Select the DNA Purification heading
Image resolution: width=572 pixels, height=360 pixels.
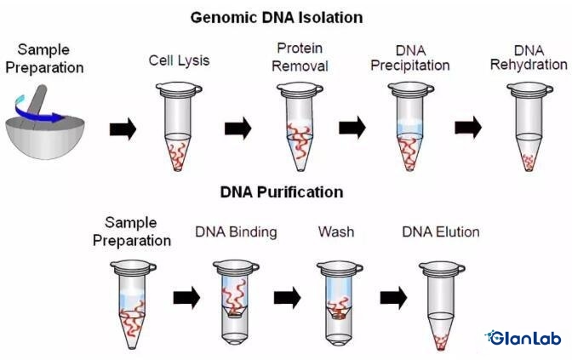coord(282,192)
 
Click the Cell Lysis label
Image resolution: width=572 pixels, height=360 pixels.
coord(178,61)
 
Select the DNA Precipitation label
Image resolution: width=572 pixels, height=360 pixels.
coord(411,58)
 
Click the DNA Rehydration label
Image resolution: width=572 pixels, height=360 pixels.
coord(529,58)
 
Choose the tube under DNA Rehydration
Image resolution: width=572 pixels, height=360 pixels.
coord(528,123)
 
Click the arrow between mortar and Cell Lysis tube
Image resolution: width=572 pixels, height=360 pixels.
coord(123,129)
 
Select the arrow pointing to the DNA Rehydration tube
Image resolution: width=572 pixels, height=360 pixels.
coord(468,129)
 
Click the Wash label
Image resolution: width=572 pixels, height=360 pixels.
coord(335,231)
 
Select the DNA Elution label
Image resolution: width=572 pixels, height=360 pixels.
coord(441,231)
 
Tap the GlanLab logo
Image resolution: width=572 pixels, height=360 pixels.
coord(523,338)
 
